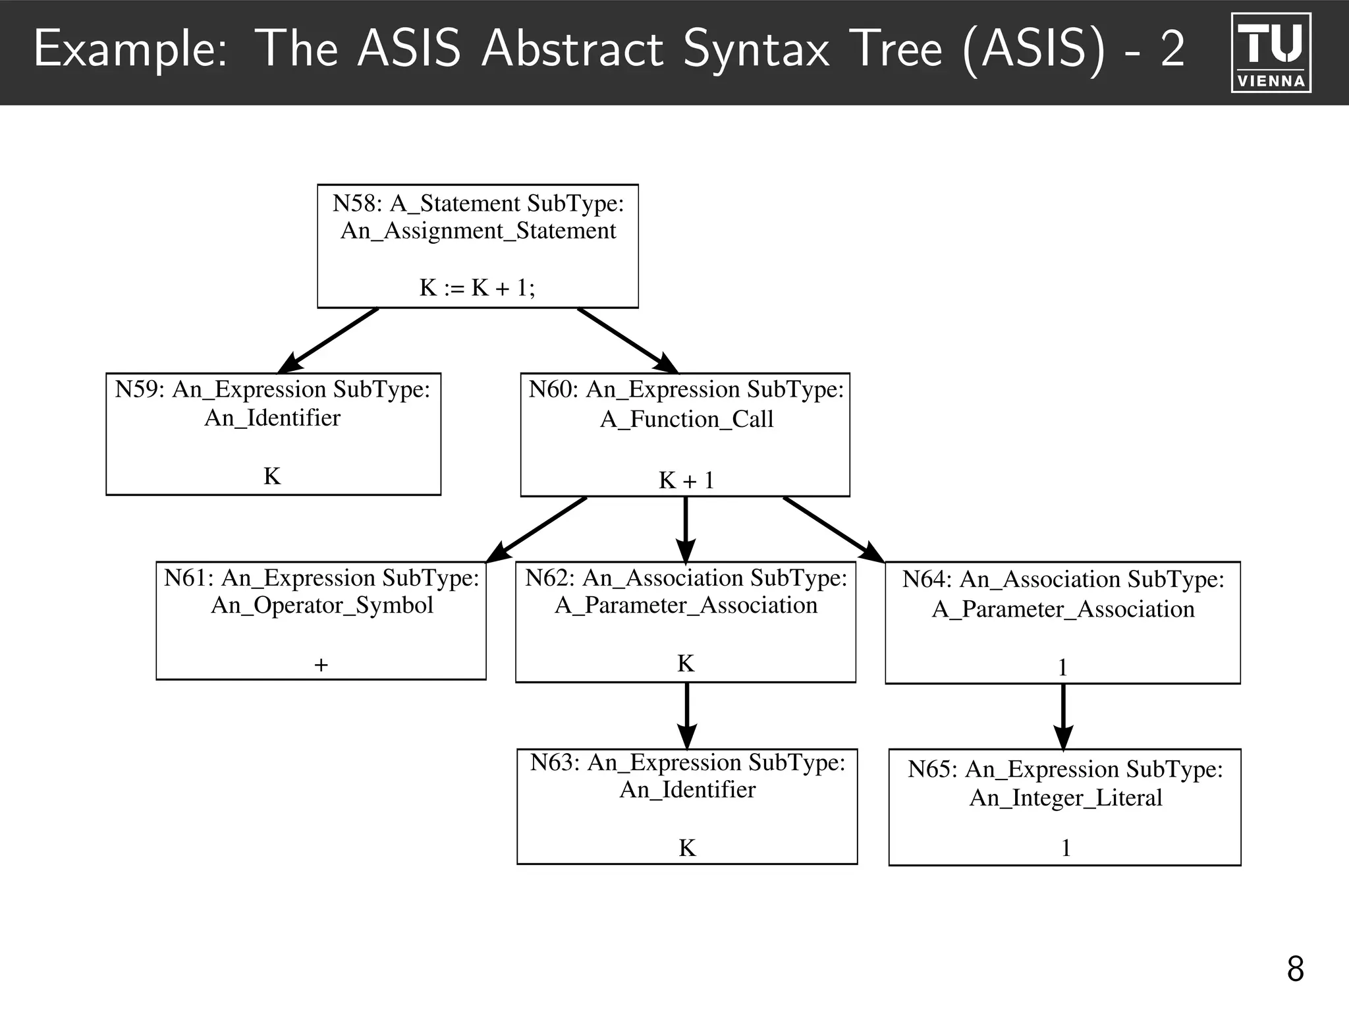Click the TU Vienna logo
[1271, 52]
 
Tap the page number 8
[1295, 969]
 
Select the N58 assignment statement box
[478, 246]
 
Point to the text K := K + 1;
[478, 288]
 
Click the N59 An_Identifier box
[273, 434]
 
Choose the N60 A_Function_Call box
[685, 434]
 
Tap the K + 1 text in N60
[686, 480]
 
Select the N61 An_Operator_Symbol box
[321, 620]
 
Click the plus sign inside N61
[321, 665]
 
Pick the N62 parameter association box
[685, 621]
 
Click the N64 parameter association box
[1062, 623]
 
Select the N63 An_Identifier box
[687, 806]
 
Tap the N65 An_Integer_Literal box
[1064, 806]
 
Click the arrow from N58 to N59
[328, 341]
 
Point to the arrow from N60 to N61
[537, 529]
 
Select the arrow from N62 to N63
[687, 716]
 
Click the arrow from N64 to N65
[1063, 716]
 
